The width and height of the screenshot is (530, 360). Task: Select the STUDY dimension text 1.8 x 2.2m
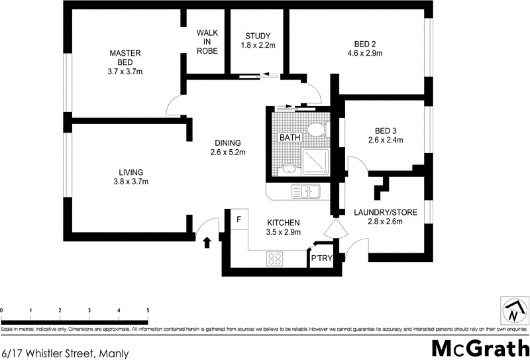tap(258, 46)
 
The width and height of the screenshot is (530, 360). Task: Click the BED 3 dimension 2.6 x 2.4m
tap(386, 140)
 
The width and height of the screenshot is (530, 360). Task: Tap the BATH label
tap(290, 138)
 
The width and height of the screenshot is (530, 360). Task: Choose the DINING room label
tap(227, 143)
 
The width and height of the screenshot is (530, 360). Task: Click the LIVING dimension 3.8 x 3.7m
tap(131, 182)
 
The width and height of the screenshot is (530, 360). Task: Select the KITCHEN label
tap(284, 223)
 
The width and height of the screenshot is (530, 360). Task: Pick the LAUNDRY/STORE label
tap(385, 212)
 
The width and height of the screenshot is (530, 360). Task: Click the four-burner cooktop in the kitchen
tap(275, 258)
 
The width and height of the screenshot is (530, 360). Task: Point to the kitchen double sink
tap(307, 192)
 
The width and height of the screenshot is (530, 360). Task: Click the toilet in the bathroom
tap(317, 129)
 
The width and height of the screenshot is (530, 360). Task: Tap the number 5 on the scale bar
tap(148, 310)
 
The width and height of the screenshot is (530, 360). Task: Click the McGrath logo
tap(480, 347)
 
